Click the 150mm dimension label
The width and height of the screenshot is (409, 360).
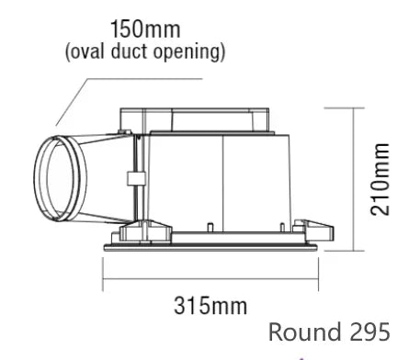[x=145, y=29]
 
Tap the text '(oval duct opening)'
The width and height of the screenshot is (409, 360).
[x=145, y=51]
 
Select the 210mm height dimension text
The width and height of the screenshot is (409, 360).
[x=381, y=179]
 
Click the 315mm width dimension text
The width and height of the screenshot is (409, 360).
[x=210, y=306]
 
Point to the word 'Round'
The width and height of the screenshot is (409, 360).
[x=305, y=332]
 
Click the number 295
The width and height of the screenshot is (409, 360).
[x=369, y=332]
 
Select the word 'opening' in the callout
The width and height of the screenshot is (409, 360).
[x=187, y=52]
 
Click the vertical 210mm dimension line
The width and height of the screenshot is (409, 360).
[x=355, y=179]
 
